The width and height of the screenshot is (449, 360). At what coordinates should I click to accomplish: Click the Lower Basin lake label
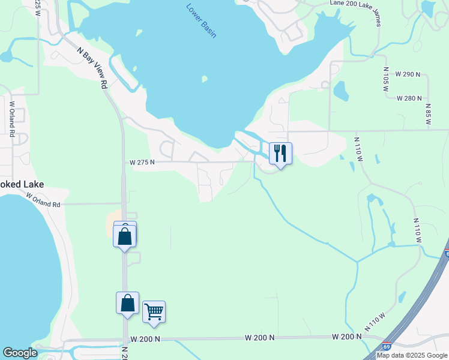[200, 21]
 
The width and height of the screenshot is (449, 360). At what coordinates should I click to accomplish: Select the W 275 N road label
[142, 162]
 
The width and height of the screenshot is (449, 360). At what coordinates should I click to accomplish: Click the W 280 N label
[412, 98]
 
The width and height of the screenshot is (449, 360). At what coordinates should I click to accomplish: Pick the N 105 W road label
[385, 79]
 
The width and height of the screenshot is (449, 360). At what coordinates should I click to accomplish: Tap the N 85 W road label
[428, 113]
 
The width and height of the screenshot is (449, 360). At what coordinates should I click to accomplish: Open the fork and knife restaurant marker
[280, 154]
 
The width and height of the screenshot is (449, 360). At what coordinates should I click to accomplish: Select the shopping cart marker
[154, 311]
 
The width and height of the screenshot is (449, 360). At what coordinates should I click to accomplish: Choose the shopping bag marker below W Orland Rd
[125, 235]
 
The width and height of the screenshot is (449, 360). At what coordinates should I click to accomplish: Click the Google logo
[20, 353]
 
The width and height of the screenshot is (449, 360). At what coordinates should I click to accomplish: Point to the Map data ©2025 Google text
[412, 355]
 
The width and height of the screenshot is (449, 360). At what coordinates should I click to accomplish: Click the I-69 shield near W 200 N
[387, 347]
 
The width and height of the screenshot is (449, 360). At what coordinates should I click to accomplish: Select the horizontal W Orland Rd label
[43, 200]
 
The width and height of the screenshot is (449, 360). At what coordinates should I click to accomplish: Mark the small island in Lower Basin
[205, 79]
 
